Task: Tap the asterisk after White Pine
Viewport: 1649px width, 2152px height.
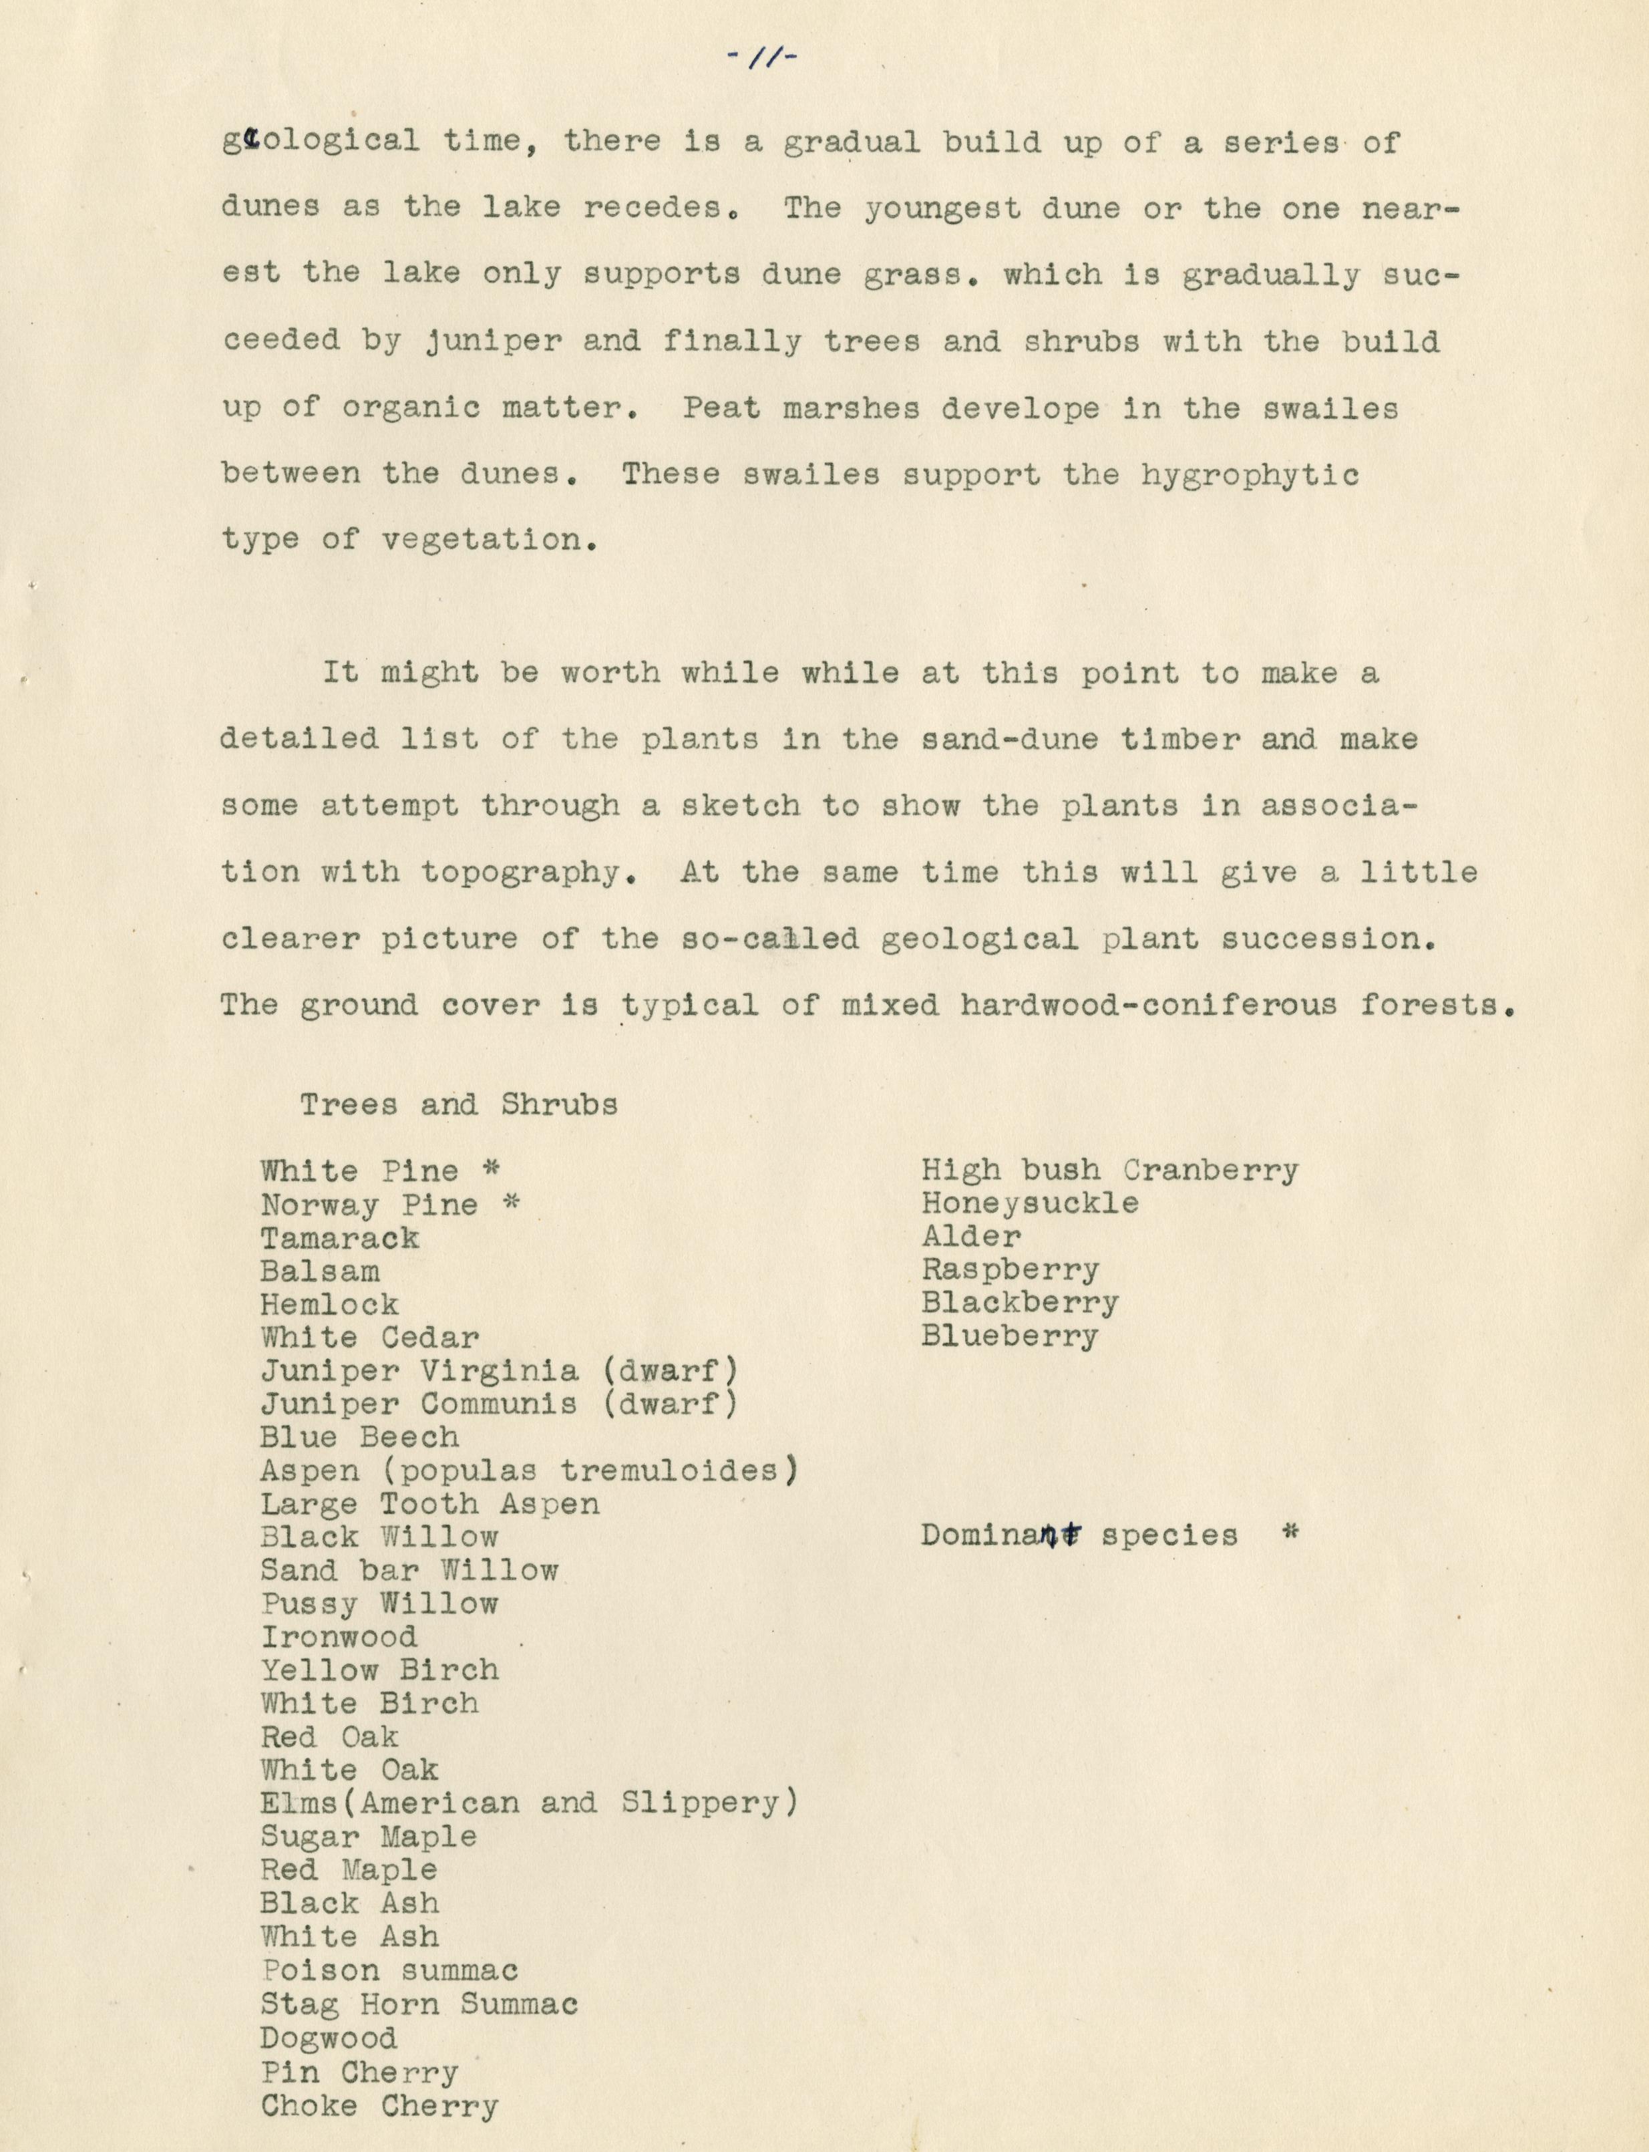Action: [491, 1169]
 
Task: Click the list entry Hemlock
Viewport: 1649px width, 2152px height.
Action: [330, 1305]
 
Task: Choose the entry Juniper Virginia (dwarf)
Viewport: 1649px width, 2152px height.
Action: [499, 1370]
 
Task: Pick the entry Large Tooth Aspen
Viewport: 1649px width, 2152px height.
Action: [430, 1504]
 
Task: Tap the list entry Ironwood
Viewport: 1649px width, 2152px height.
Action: [339, 1637]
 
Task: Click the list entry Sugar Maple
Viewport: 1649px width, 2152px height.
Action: [369, 1837]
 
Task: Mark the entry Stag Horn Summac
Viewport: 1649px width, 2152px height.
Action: [419, 2004]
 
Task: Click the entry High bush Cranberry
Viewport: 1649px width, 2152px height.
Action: [1109, 1171]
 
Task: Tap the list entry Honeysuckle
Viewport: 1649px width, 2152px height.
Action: [1030, 1204]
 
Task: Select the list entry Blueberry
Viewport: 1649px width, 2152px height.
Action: [1009, 1336]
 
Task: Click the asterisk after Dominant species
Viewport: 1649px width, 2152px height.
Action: [1291, 1533]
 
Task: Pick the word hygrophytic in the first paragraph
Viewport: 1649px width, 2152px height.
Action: [1250, 475]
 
